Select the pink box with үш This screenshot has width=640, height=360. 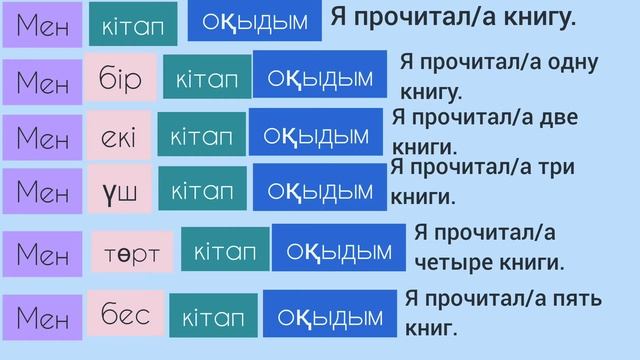(x=119, y=188)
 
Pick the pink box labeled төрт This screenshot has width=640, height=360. (x=132, y=253)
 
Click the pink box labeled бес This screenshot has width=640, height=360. (x=125, y=315)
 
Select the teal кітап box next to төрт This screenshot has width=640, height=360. (x=226, y=250)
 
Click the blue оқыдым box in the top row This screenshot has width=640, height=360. (x=255, y=23)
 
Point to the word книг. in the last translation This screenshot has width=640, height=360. (x=432, y=327)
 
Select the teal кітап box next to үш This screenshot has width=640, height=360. (x=203, y=188)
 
